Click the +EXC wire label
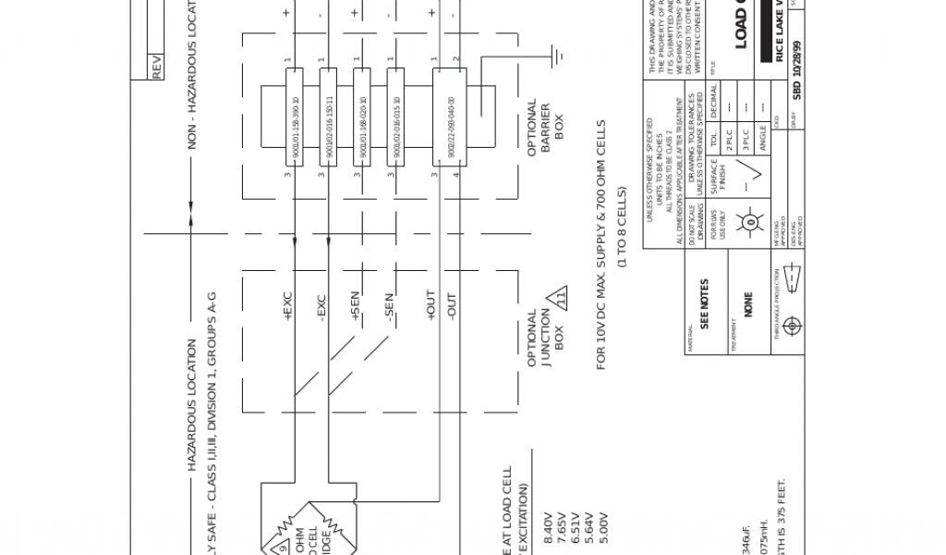point(287,307)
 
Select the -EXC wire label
point(321,308)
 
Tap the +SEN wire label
point(355,306)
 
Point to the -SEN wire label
point(389,308)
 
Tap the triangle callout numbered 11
point(557,302)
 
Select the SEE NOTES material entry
point(705,304)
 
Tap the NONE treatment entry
point(748,304)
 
